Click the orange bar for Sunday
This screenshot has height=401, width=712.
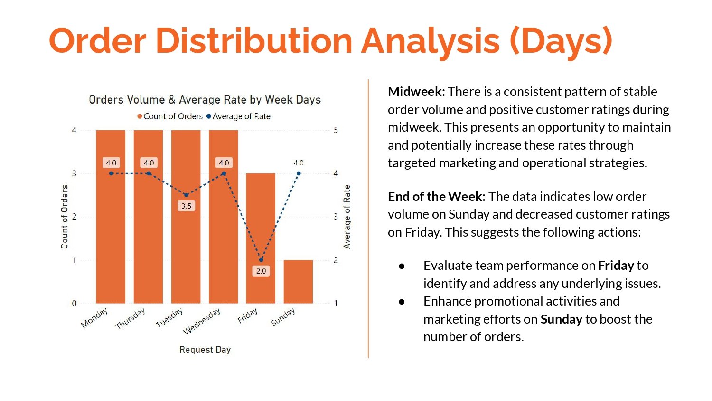coord(298,281)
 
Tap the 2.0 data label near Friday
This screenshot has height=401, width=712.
coord(261,271)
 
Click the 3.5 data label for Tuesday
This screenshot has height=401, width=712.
coord(186,206)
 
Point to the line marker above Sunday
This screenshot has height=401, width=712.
coord(299,173)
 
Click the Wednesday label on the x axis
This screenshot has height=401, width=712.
coord(202,320)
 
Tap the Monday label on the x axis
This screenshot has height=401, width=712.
coord(94,318)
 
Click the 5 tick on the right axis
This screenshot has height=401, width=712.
coord(336,130)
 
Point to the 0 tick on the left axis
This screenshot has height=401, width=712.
coord(74,303)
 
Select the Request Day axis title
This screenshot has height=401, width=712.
coord(205,350)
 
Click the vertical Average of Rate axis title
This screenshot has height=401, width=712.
coord(347,217)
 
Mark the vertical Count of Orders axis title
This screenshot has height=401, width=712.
coord(65,217)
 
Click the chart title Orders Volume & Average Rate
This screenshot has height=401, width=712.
coord(205,100)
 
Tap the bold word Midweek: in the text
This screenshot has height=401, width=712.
coord(416,92)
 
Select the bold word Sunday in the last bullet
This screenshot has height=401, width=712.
coord(561,319)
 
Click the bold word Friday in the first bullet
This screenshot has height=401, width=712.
coord(616,266)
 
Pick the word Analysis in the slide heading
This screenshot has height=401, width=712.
coord(430,40)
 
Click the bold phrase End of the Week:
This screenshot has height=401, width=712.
coord(436,197)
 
